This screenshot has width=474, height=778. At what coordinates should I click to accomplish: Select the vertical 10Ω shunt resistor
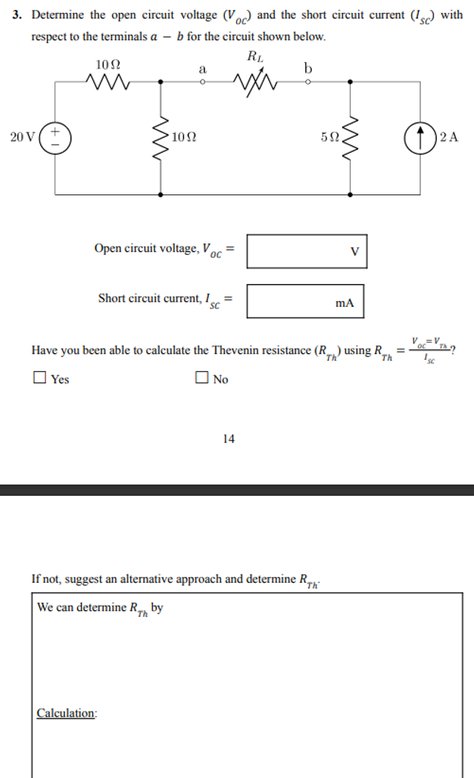coord(161,138)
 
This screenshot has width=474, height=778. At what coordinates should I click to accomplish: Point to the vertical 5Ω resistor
coord(350,138)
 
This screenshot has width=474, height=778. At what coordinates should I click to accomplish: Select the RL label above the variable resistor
coord(254,56)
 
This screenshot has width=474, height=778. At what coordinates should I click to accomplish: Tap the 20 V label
coord(22,138)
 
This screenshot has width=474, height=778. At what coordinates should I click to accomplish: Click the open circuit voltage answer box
coord(307,251)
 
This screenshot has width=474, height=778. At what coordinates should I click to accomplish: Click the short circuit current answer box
coord(305,301)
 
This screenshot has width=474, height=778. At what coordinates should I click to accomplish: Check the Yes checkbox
coord(39,378)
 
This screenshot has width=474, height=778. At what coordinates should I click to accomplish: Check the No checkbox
coord(201,378)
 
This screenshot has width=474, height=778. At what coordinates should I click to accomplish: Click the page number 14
coord(229,438)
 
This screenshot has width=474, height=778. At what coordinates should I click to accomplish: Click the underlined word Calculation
coord(67,713)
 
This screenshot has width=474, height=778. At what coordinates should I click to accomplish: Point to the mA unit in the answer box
coord(345,303)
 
